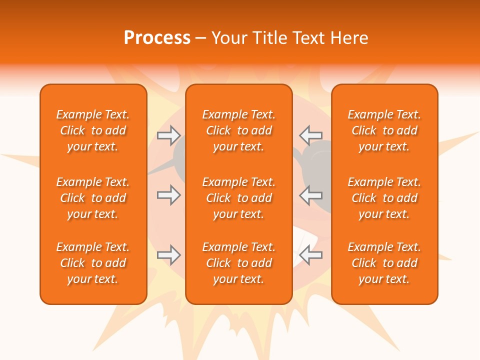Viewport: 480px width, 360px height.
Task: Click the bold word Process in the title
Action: tap(157, 38)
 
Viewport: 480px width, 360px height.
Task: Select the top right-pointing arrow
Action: tap(168, 134)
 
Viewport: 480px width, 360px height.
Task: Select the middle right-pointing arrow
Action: tap(168, 195)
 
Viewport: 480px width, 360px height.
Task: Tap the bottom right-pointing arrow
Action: tap(168, 255)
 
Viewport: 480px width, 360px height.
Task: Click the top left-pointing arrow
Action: tap(310, 134)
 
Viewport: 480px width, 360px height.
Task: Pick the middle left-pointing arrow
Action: tap(310, 195)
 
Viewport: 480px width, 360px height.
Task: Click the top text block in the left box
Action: tap(93, 130)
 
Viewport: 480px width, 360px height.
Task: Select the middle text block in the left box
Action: tap(93, 198)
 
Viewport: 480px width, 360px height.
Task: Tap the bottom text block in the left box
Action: tap(93, 263)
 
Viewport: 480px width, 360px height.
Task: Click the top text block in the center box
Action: tap(238, 130)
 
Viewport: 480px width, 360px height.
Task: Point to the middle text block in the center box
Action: tap(238, 198)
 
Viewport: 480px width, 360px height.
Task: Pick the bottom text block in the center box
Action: tap(238, 263)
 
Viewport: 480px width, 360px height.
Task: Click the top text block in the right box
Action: tap(384, 130)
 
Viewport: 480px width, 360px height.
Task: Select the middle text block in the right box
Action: tap(384, 198)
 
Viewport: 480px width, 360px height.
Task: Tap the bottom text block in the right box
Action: tap(384, 263)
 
